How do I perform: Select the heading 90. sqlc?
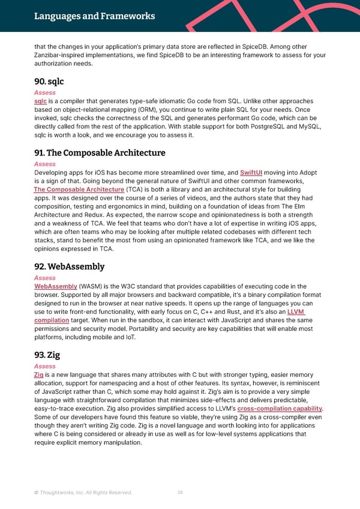(49, 81)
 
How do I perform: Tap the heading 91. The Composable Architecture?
(100, 152)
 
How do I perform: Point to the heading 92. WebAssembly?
(69, 267)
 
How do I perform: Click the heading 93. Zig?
(48, 355)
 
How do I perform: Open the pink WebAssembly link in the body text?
(56, 287)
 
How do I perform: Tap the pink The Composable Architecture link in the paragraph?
(79, 190)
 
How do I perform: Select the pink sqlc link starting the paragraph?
(40, 102)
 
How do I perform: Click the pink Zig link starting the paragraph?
(38, 376)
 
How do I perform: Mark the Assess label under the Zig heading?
(45, 366)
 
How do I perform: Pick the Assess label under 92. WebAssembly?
(45, 278)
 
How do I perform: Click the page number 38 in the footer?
(180, 493)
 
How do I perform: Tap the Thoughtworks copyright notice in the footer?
(83, 493)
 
